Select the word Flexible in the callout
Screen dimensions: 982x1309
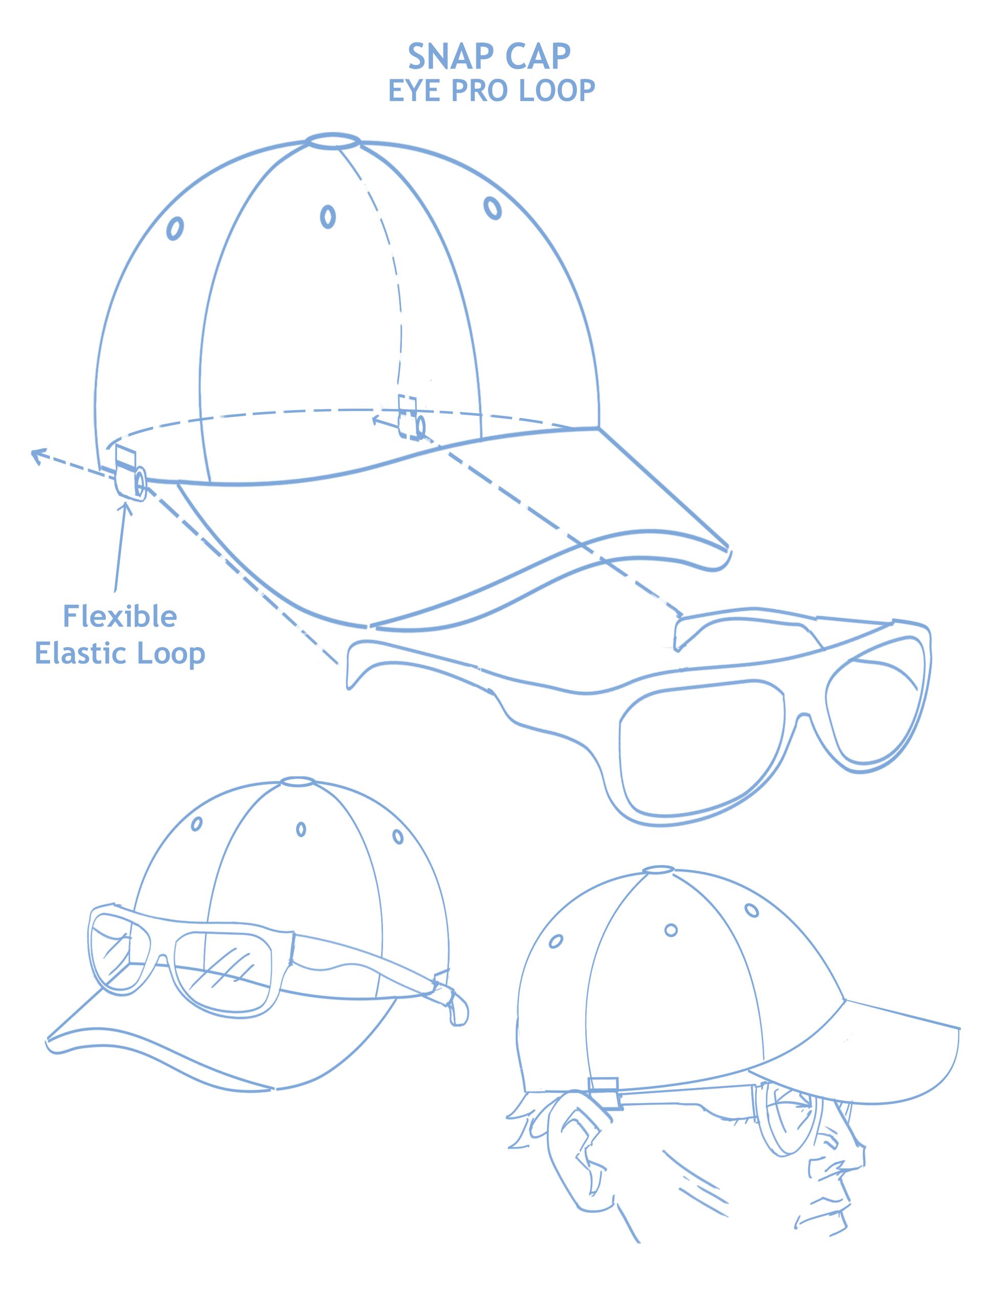[x=120, y=617]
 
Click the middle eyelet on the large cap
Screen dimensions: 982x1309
[x=327, y=217]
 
